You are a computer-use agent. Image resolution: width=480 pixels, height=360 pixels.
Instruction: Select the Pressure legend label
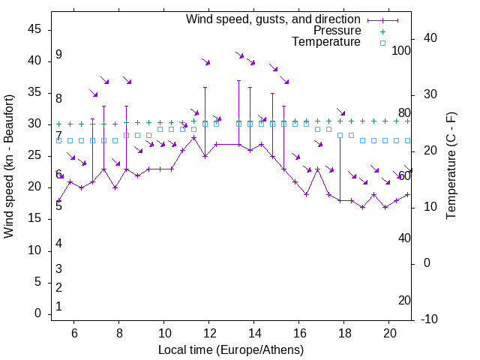pyautogui.click(x=337, y=31)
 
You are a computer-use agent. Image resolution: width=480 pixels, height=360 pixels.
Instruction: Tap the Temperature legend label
pyautogui.click(x=326, y=42)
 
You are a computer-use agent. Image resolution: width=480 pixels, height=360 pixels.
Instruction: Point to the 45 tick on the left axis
pyautogui.click(x=34, y=29)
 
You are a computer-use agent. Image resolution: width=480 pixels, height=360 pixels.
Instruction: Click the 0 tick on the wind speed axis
pyautogui.click(x=37, y=313)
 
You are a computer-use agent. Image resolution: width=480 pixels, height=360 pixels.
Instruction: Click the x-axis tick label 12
pyautogui.click(x=209, y=333)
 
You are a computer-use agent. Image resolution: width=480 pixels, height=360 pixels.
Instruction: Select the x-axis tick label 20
pyautogui.click(x=390, y=333)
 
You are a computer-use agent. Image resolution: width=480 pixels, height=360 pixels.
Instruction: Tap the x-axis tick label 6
pyautogui.click(x=74, y=333)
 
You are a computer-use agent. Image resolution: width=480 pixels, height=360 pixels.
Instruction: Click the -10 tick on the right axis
pyautogui.click(x=430, y=319)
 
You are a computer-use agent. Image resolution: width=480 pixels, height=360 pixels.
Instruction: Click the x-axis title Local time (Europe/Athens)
pyautogui.click(x=231, y=350)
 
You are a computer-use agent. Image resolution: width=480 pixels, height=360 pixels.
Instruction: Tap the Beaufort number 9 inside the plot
pyautogui.click(x=58, y=55)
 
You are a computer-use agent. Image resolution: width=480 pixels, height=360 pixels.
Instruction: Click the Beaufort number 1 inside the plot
pyautogui.click(x=58, y=307)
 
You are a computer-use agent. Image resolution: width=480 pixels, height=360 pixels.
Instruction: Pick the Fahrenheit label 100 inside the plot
pyautogui.click(x=402, y=50)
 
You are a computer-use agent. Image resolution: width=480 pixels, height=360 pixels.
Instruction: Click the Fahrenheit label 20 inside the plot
pyautogui.click(x=404, y=300)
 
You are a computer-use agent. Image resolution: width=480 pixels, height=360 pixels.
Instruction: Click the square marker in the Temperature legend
pyautogui.click(x=382, y=43)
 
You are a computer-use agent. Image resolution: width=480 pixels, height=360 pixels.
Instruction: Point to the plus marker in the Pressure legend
pyautogui.click(x=382, y=31)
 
